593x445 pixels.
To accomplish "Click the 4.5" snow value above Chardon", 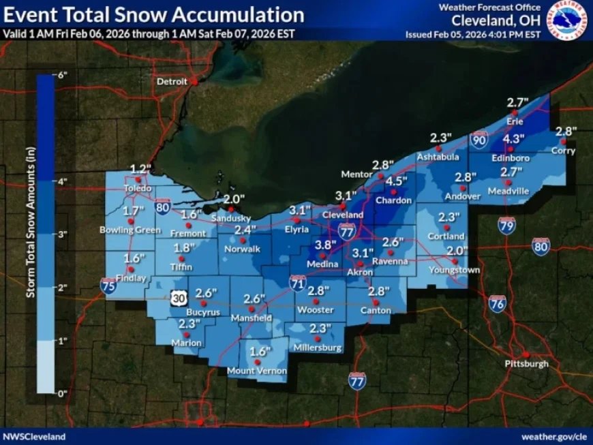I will pyautogui.click(x=397, y=181).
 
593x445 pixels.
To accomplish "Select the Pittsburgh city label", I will pyautogui.click(x=526, y=364).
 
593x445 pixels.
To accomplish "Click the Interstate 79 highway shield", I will pyautogui.click(x=506, y=225).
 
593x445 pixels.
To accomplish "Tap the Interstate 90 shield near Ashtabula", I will pyautogui.click(x=479, y=140).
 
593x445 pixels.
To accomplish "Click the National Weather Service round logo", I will pyautogui.click(x=568, y=20).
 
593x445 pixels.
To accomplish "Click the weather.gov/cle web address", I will pyautogui.click(x=553, y=436).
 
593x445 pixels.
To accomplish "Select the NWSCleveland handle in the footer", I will pyautogui.click(x=35, y=436).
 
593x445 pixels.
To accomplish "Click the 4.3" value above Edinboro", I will pyautogui.click(x=513, y=139).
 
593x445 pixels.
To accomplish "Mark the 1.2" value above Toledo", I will pyautogui.click(x=139, y=168).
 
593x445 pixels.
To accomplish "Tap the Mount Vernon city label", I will pyautogui.click(x=257, y=371).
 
